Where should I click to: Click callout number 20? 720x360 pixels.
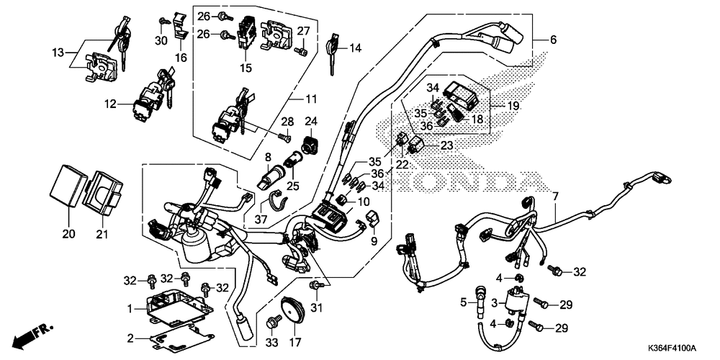[x=68, y=233]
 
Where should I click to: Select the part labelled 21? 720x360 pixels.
[x=102, y=233]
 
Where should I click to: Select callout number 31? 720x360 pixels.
[x=315, y=308]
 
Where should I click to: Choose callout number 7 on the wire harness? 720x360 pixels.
[x=555, y=196]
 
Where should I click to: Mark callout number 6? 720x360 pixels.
[x=553, y=40]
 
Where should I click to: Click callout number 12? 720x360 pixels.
[x=109, y=104]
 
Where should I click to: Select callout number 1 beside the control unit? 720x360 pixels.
[x=130, y=309]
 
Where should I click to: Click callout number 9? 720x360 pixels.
[x=374, y=240]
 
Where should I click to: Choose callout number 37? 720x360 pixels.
[x=261, y=219]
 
